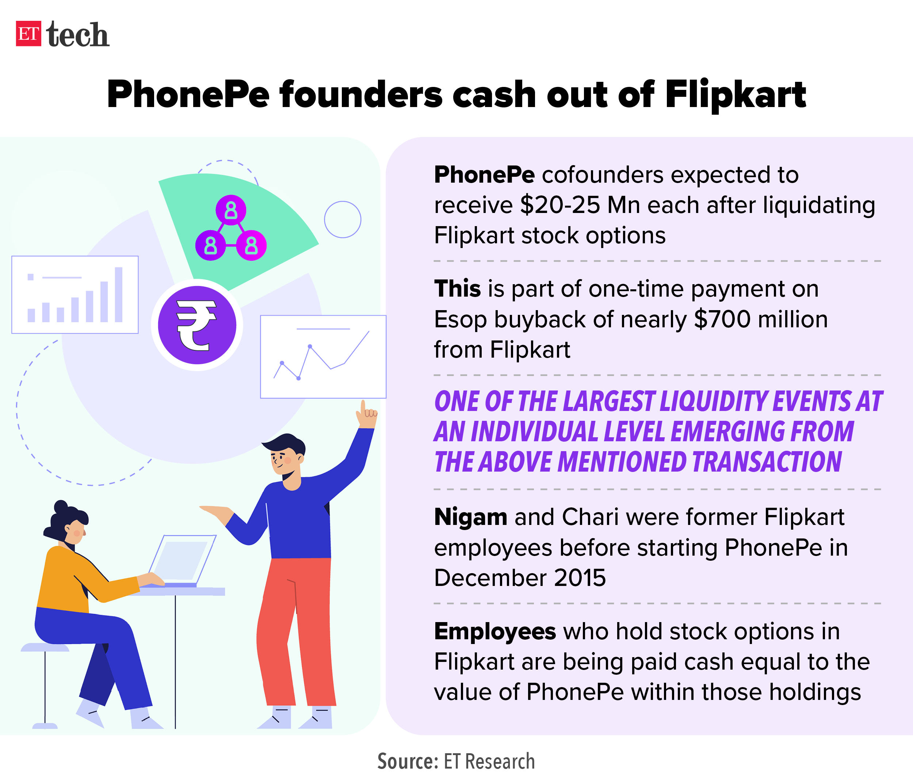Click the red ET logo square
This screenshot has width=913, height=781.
coord(28,34)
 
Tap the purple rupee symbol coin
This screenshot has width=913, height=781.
coord(197,325)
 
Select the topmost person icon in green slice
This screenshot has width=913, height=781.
coord(231,210)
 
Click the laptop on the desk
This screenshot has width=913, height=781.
coord(182,561)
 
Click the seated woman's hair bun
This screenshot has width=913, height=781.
coord(61,507)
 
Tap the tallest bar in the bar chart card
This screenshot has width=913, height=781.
coord(119,294)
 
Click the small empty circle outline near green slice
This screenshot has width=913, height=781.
coord(343,220)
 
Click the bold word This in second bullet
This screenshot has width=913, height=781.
coord(457,289)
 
